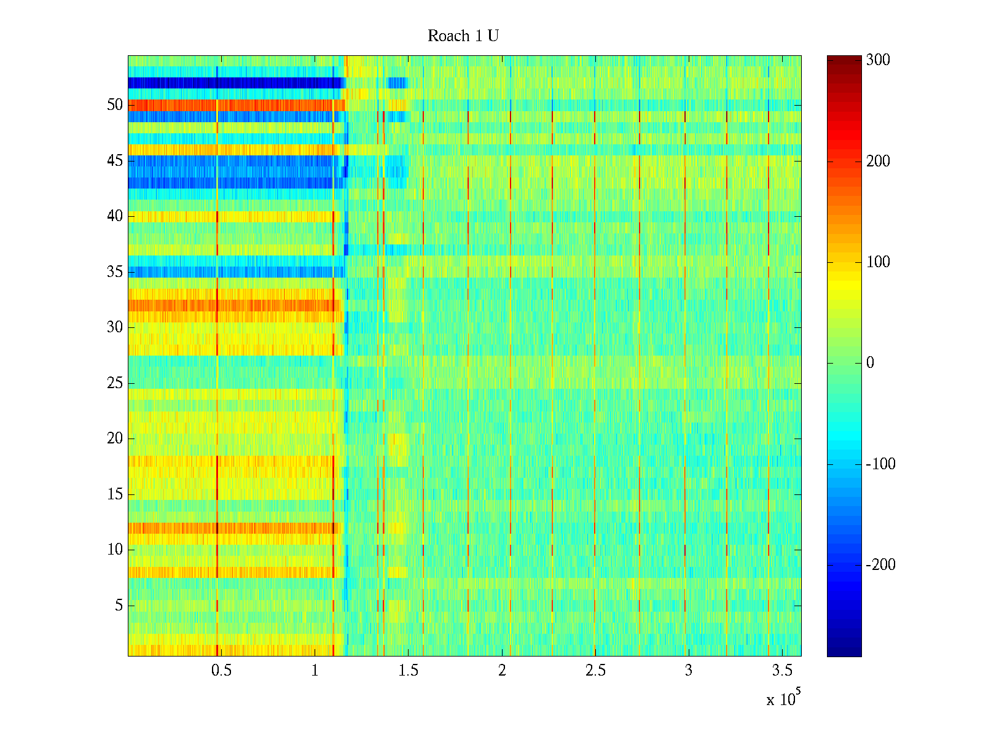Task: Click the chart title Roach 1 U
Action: coord(463,36)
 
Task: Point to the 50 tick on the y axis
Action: coord(115,105)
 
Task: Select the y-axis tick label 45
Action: coord(115,161)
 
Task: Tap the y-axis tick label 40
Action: coord(115,216)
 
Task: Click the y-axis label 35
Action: coord(115,272)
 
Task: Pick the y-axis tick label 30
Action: coord(115,327)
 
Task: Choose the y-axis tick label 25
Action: coord(115,383)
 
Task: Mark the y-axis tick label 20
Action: coord(115,439)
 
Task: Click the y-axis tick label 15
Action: coord(115,494)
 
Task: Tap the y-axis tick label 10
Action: coord(115,550)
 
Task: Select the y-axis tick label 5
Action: coord(119,606)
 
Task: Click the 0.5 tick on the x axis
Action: coord(221,671)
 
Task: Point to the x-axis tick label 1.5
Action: coord(408,671)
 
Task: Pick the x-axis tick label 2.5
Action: coord(595,671)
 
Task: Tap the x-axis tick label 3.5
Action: coord(782,671)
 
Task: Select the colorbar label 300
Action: coord(877,60)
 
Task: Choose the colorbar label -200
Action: coord(880,565)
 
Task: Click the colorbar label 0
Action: coord(870,363)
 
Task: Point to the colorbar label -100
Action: coord(880,464)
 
